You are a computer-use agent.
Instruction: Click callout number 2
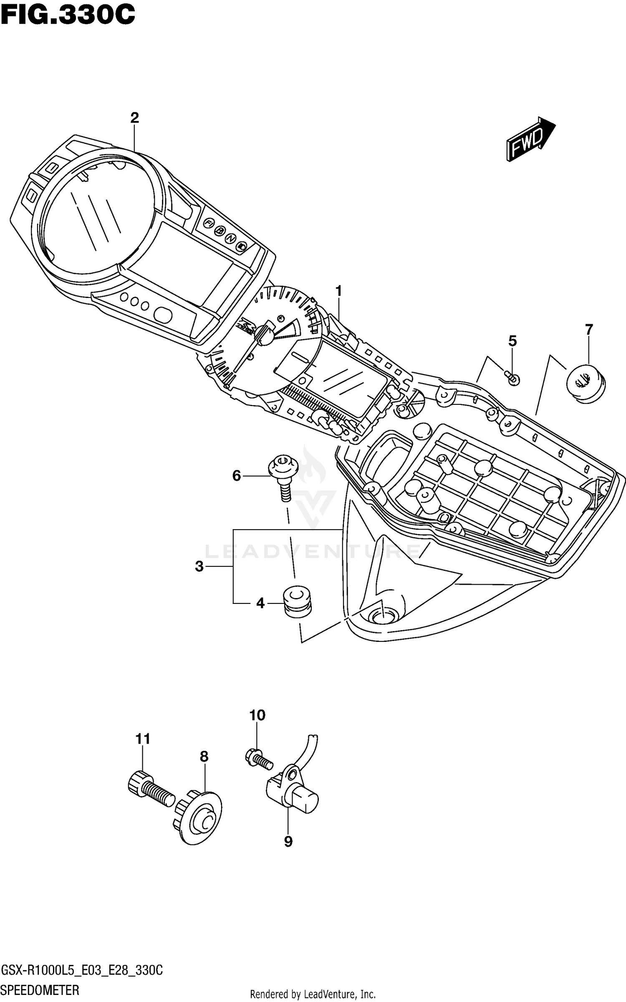point(134,118)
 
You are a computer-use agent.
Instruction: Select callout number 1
point(338,290)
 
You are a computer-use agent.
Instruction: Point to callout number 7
point(588,330)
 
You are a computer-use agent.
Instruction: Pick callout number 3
point(199,566)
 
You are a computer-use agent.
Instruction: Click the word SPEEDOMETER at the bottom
point(40,990)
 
